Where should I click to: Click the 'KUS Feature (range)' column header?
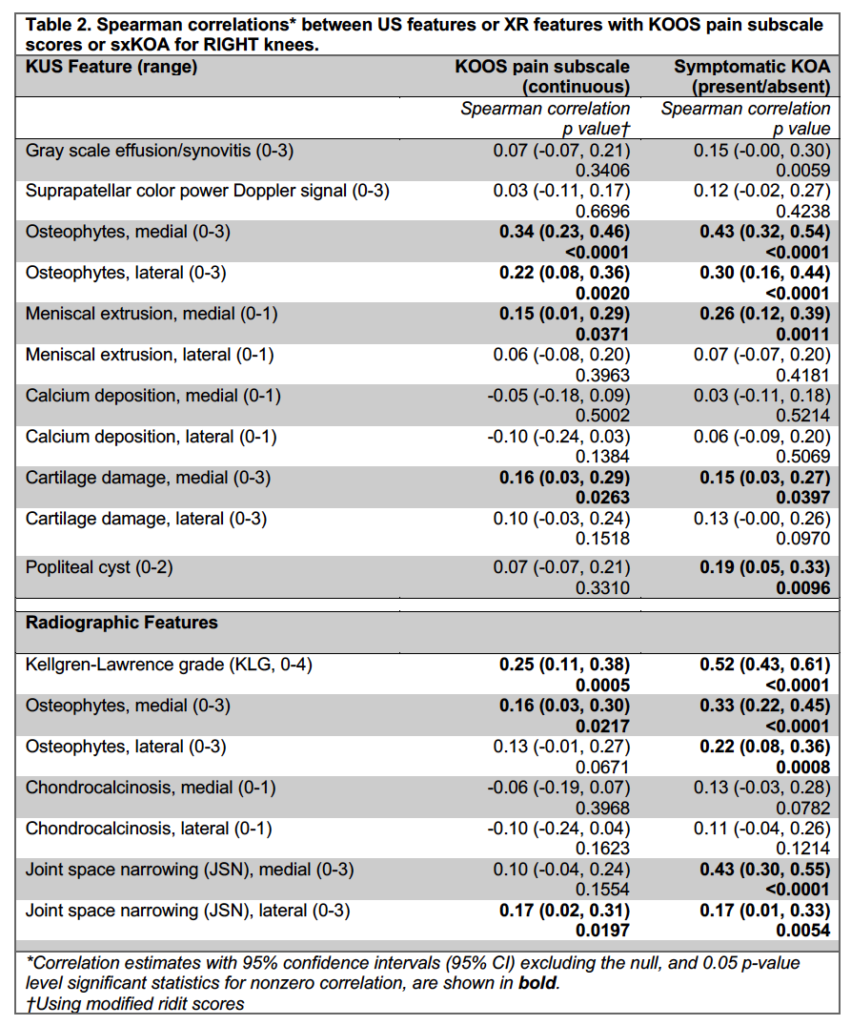tap(111, 68)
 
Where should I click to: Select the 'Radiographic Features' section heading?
tap(122, 623)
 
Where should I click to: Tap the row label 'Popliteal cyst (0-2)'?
tap(100, 567)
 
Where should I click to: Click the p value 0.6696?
tap(602, 212)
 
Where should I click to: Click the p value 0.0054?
tap(802, 931)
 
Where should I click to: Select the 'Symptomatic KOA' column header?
tap(752, 67)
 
